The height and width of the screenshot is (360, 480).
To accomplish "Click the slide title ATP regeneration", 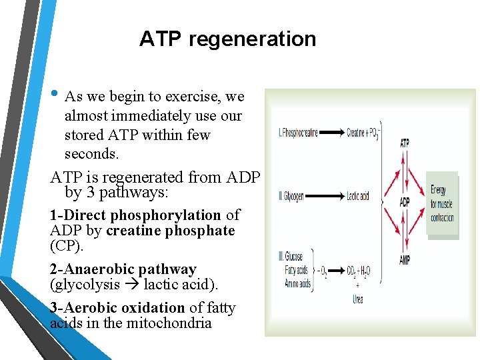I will (227, 39).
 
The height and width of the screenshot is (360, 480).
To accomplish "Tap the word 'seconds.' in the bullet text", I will (92, 154).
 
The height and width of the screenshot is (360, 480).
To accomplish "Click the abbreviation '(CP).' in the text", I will (67, 247).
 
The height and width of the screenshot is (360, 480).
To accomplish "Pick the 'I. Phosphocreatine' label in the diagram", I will (297, 133).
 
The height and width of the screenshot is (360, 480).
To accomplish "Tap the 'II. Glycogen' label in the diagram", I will (292, 197).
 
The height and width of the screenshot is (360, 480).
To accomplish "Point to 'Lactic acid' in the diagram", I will (358, 197).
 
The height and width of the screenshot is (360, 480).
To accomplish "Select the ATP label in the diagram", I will (405, 143).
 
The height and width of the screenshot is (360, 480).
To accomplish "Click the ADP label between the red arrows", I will (405, 202).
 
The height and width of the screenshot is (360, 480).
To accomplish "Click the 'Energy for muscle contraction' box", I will (442, 203).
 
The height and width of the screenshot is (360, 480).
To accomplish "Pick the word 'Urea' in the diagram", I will (358, 300).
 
